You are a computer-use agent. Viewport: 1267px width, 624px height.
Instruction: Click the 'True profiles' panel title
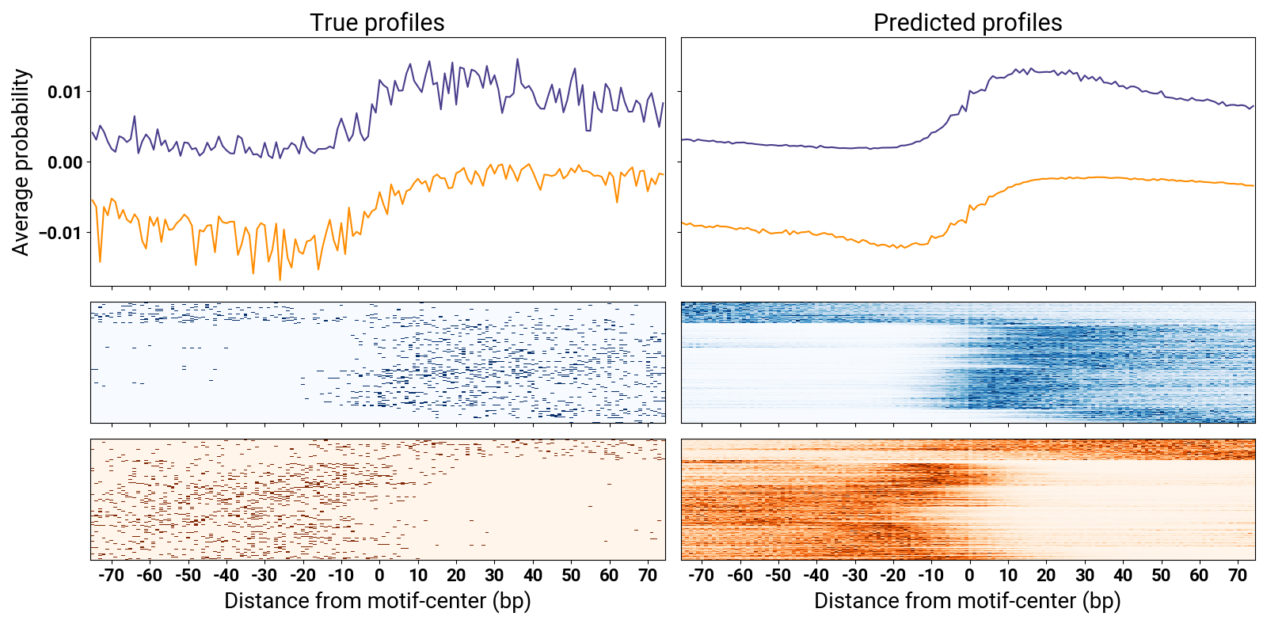click(x=377, y=23)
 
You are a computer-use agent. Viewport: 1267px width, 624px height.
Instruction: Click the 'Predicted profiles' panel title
click(x=967, y=23)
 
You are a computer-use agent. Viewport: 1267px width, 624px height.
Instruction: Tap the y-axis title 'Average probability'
click(x=21, y=162)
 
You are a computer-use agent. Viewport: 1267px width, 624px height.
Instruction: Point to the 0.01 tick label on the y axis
click(x=64, y=93)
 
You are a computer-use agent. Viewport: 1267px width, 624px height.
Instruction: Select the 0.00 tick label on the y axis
click(x=64, y=162)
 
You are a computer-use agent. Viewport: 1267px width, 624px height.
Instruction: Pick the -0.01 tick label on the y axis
click(x=61, y=233)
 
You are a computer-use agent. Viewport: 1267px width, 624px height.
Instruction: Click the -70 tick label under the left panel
click(x=111, y=576)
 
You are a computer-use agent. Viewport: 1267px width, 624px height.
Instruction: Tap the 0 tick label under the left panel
click(x=379, y=576)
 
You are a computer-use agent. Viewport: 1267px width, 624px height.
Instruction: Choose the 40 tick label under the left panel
click(x=533, y=576)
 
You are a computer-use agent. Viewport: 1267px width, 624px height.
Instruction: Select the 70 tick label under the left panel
click(x=648, y=576)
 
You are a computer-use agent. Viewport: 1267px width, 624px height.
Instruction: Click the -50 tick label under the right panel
click(x=778, y=576)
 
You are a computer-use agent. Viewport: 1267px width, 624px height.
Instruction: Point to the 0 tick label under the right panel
click(x=969, y=576)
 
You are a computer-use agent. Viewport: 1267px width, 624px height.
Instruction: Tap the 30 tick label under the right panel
click(x=1085, y=576)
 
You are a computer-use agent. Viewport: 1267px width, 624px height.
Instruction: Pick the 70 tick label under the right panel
click(x=1238, y=576)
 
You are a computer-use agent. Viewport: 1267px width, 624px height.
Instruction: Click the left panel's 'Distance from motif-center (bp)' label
click(x=377, y=601)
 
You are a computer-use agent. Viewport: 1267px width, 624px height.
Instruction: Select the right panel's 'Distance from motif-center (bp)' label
click(x=967, y=601)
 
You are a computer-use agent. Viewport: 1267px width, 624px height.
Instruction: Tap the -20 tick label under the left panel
click(x=302, y=576)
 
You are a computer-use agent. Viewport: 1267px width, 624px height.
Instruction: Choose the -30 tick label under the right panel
click(x=854, y=576)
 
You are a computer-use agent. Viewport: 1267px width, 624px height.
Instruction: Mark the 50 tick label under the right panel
click(x=1161, y=576)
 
